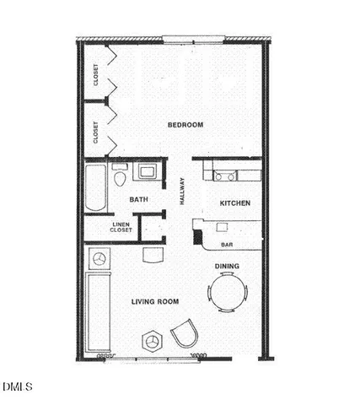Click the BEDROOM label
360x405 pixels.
(x=185, y=125)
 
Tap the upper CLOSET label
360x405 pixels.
(x=95, y=76)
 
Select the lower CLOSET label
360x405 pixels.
(x=95, y=132)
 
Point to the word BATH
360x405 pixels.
(x=139, y=199)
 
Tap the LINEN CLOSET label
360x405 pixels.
(x=121, y=228)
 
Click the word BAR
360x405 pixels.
(x=227, y=245)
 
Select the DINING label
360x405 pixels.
(x=227, y=267)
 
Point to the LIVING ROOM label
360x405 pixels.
(x=155, y=301)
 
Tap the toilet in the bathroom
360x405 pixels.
(x=120, y=178)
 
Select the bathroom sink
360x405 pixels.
(x=148, y=173)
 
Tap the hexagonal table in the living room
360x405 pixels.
(x=153, y=341)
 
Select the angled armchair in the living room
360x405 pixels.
(x=185, y=337)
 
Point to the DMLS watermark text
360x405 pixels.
(x=17, y=387)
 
